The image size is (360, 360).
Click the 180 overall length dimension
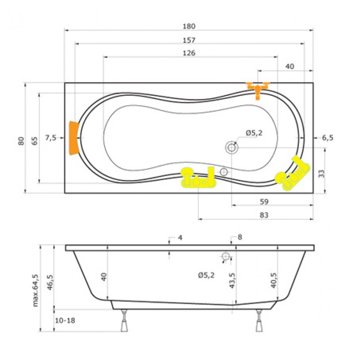189,27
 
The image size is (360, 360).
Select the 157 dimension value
189,40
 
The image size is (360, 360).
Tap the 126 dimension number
189,53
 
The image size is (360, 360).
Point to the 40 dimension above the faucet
289,66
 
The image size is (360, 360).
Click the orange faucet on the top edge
258,90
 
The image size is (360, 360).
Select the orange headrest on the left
74,138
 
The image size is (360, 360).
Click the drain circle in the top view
232,147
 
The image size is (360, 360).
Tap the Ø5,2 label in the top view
254,133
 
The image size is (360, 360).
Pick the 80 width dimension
21,141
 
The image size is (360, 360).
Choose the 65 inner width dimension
35,141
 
